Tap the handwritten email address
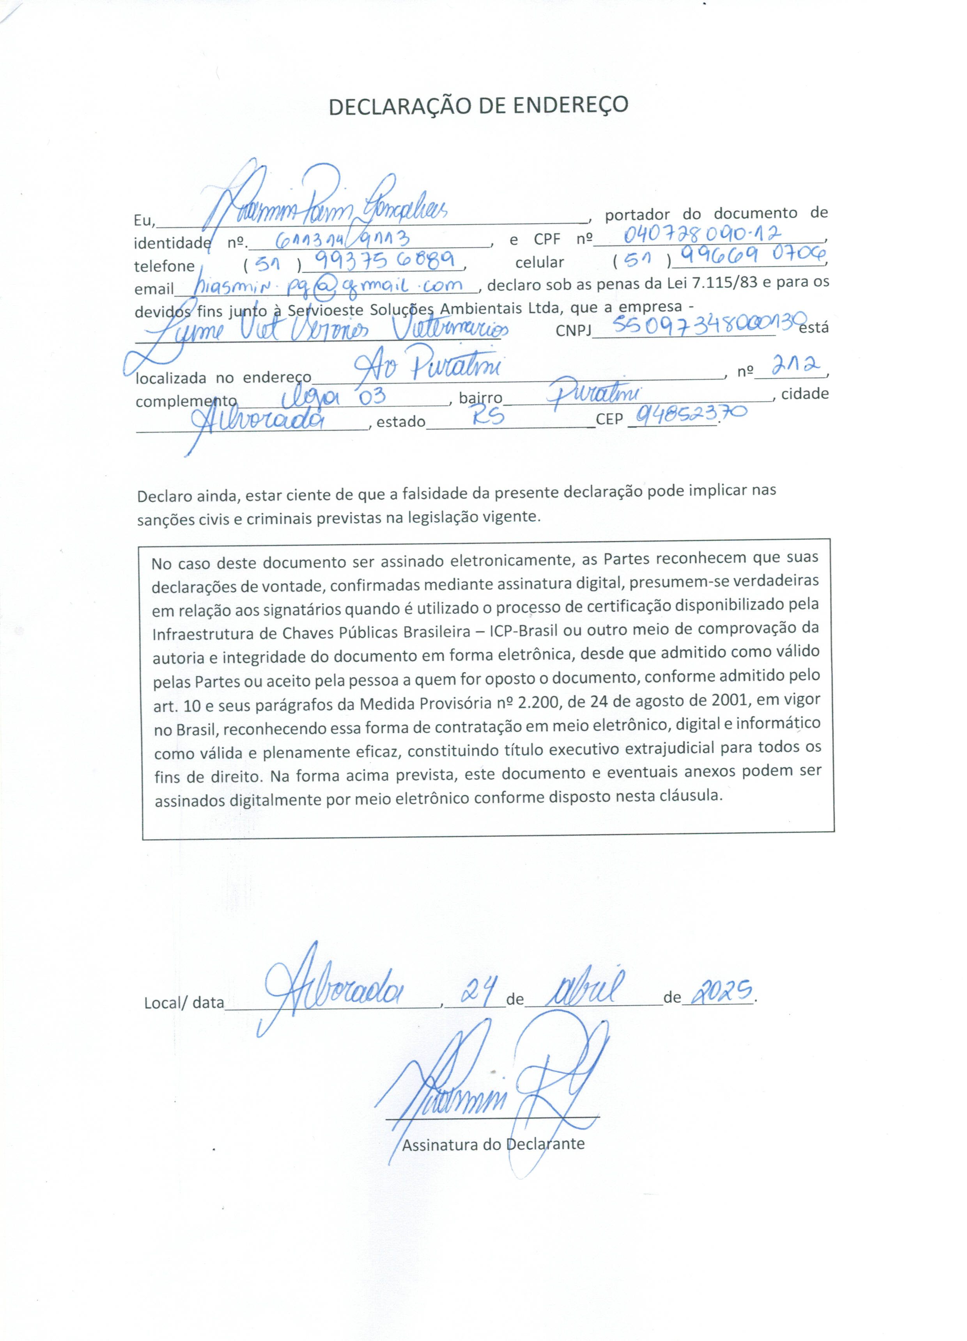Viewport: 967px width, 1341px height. [x=331, y=286]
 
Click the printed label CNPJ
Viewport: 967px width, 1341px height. [x=573, y=330]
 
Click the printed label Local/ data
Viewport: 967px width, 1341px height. [x=184, y=1003]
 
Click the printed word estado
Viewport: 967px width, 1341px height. [x=401, y=422]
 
